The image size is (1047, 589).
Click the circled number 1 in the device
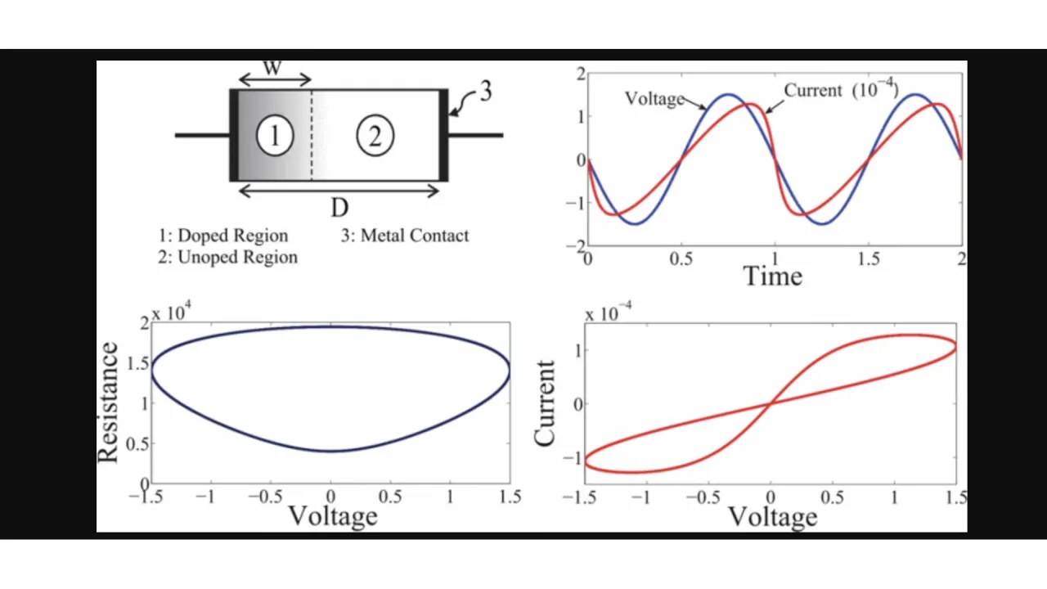275,136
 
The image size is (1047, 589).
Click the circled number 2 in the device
375,136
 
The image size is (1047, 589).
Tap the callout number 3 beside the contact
485,92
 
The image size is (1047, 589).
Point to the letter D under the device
339,209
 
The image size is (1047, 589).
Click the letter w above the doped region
273,67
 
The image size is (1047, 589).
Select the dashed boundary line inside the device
311,135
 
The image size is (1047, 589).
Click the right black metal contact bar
443,135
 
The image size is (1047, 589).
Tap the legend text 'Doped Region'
233,236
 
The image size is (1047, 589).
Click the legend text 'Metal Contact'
415,236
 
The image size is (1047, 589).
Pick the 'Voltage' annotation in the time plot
654,99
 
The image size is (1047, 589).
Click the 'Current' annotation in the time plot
813,90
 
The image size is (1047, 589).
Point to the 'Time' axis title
772,276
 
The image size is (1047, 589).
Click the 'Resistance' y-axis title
109,402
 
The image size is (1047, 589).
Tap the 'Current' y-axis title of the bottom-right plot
545,402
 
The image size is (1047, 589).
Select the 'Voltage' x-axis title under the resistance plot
333,515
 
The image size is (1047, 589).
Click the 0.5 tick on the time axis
681,259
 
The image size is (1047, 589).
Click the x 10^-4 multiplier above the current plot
609,312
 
